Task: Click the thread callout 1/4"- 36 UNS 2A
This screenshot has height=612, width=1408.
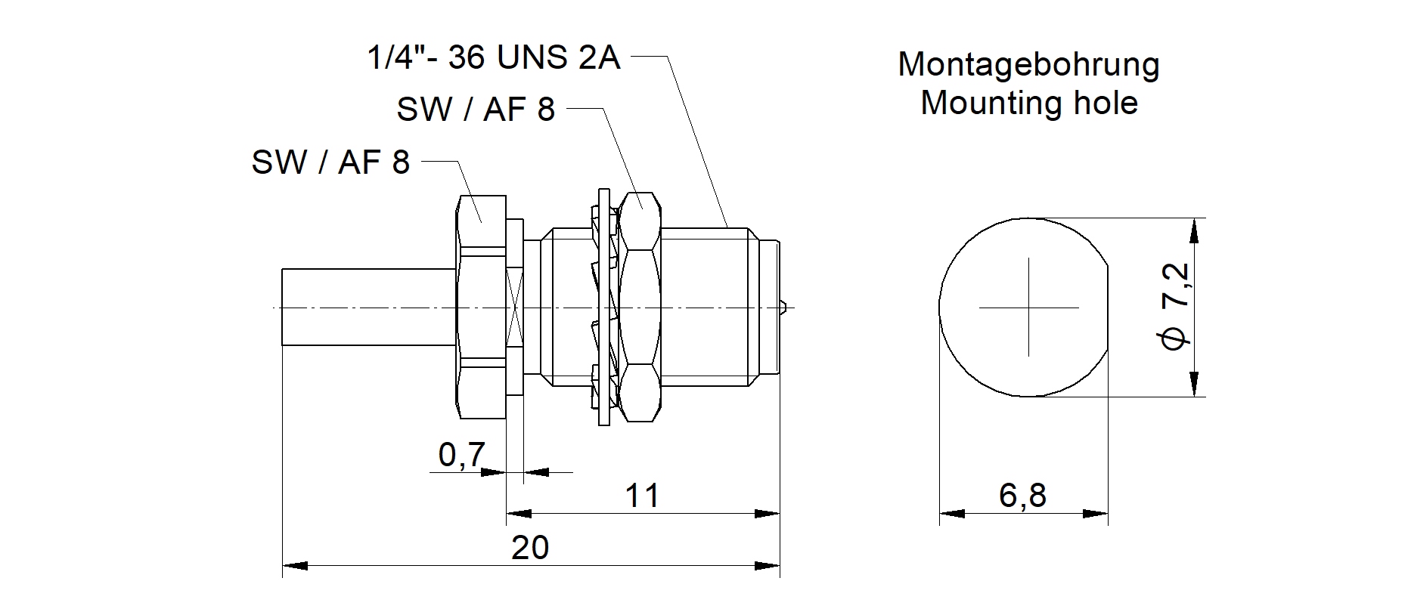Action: pyautogui.click(x=493, y=58)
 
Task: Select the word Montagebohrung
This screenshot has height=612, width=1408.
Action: pyautogui.click(x=1028, y=65)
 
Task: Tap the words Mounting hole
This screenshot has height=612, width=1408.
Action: pyautogui.click(x=1028, y=103)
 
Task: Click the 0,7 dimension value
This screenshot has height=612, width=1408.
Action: pyautogui.click(x=461, y=455)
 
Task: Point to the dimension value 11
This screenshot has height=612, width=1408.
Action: pyautogui.click(x=642, y=496)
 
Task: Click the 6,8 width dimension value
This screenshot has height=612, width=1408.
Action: pyautogui.click(x=1022, y=496)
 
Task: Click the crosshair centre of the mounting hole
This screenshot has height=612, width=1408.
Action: pyautogui.click(x=1028, y=308)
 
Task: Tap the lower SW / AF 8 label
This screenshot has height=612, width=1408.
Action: pyautogui.click(x=330, y=162)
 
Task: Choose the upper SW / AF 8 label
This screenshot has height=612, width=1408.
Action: pyautogui.click(x=476, y=110)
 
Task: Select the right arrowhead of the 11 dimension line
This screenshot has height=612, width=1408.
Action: pyautogui.click(x=769, y=514)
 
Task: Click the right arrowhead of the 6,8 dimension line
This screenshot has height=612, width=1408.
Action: pyautogui.click(x=1097, y=514)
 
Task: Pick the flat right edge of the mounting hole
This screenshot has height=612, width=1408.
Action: pyautogui.click(x=1108, y=308)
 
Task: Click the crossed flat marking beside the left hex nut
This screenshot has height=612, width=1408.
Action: pyautogui.click(x=515, y=308)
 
